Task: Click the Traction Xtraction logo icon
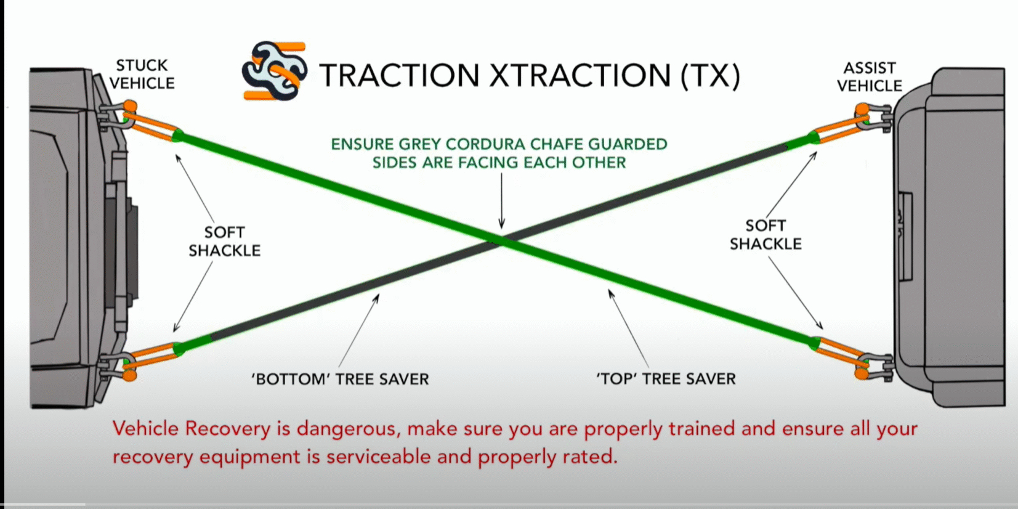click(275, 70)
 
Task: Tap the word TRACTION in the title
click(399, 75)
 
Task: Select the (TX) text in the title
click(710, 76)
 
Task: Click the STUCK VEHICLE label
click(142, 74)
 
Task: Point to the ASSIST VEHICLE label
click(870, 77)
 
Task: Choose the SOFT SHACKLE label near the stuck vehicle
click(225, 241)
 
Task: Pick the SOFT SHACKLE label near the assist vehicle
click(766, 235)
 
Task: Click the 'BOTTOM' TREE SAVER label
click(341, 378)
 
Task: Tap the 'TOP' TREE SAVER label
click(666, 378)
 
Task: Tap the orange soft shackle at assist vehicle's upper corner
click(841, 124)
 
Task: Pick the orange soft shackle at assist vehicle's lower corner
click(841, 357)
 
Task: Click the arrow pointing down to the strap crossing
click(502, 201)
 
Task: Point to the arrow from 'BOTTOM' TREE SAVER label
click(359, 330)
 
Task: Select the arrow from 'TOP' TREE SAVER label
click(629, 328)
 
